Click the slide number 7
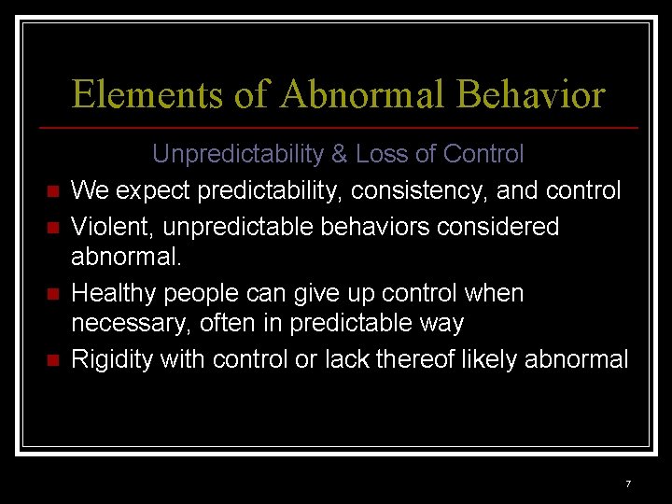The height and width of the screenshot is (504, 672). click(628, 483)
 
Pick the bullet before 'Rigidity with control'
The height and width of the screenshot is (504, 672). click(51, 360)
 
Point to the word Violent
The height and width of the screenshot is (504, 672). click(104, 227)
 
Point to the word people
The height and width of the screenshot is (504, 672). click(200, 294)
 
